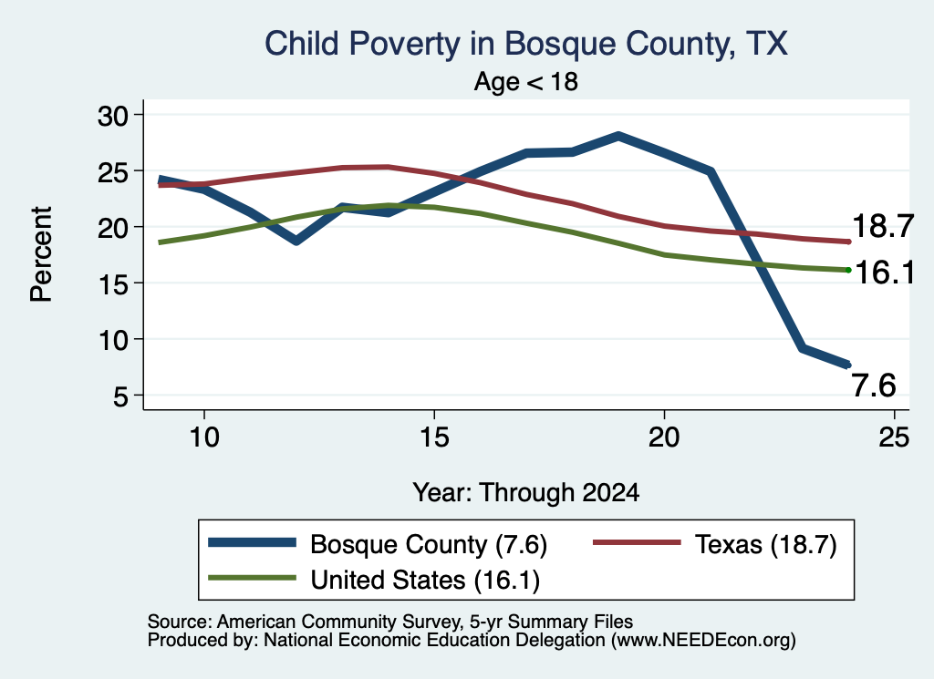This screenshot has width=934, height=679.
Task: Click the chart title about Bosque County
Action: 526,44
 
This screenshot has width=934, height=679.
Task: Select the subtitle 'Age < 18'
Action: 526,81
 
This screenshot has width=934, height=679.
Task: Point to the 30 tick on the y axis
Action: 113,115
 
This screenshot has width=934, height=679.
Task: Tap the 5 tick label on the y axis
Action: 121,396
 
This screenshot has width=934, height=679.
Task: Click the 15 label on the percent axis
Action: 113,283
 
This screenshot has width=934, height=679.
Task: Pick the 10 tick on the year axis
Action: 204,437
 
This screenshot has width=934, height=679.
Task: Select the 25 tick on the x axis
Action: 894,437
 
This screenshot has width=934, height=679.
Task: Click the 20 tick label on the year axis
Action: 664,437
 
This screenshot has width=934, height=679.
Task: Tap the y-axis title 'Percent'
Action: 42,254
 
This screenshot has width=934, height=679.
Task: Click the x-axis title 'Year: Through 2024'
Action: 526,493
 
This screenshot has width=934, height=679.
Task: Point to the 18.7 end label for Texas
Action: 883,227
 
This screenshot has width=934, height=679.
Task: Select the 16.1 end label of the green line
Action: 885,273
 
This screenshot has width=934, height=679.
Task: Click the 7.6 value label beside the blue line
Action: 874,386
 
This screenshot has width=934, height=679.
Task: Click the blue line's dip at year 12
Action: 296,241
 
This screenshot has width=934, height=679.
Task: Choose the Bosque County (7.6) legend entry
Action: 378,544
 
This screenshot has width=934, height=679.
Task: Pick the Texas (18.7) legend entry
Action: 715,544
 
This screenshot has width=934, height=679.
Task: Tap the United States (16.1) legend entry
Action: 374,580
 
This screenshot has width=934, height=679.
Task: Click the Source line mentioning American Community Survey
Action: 390,622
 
